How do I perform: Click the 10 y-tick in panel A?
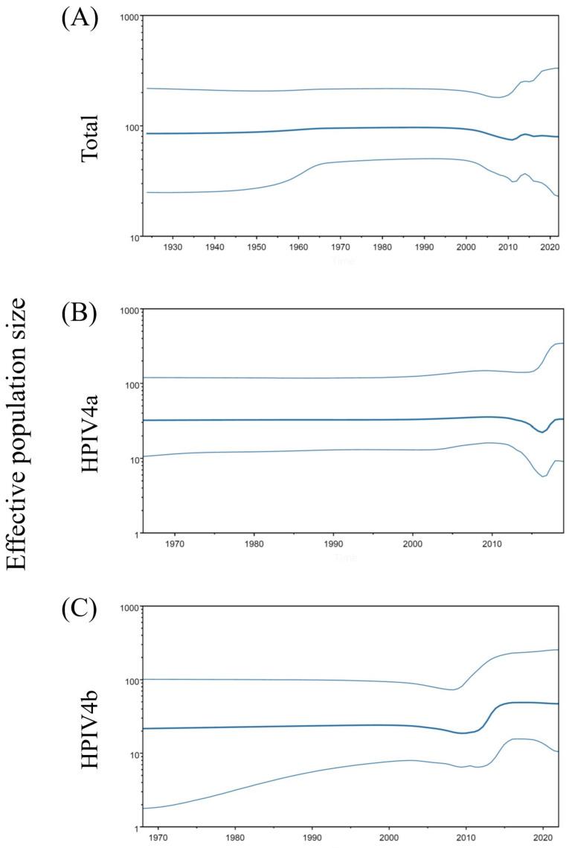coord(132,237)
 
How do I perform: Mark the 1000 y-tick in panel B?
coord(127,310)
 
